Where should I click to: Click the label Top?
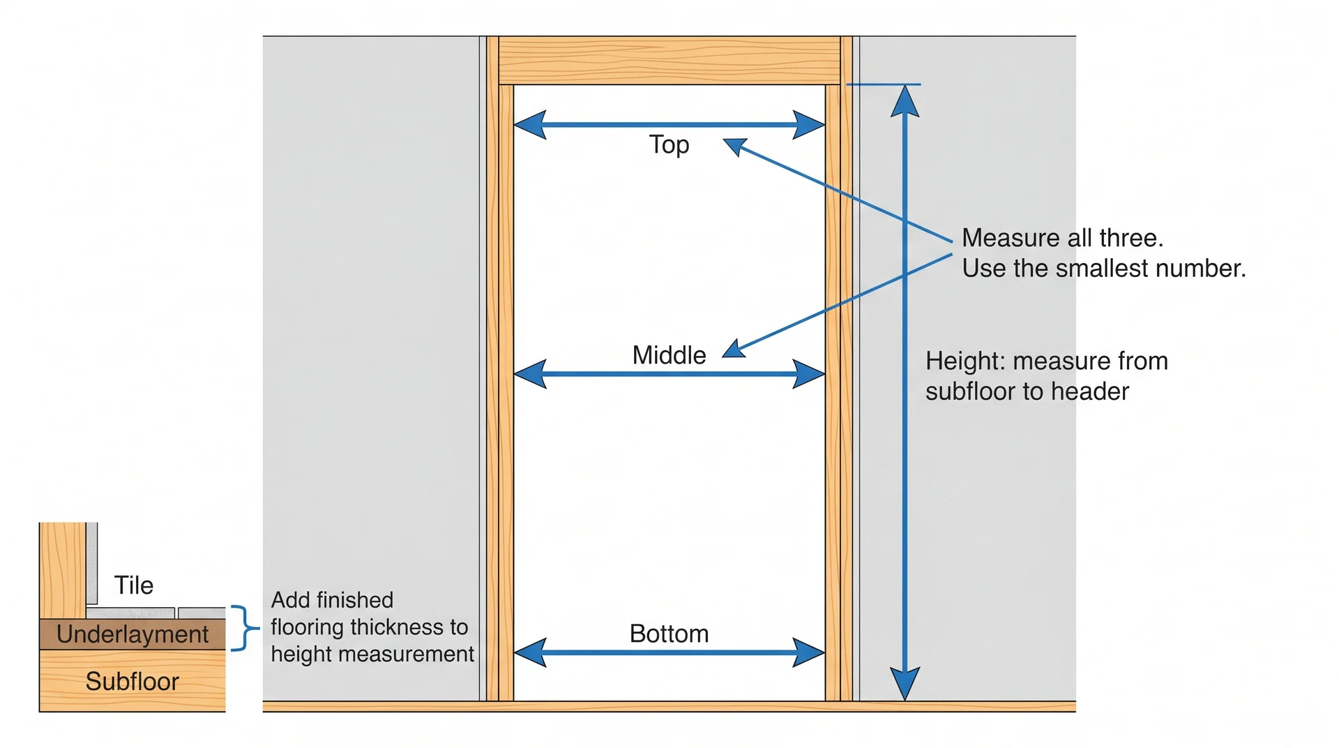pos(669,145)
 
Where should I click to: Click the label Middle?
pos(669,355)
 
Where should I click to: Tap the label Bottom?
pos(669,634)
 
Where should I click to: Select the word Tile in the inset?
pos(133,585)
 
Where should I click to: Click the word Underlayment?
pos(133,634)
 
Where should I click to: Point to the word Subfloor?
pos(132,681)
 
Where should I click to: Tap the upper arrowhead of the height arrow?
pos(905,101)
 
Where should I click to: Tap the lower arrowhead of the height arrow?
pos(905,683)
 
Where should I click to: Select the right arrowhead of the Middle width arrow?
pos(808,374)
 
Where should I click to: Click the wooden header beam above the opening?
pos(669,61)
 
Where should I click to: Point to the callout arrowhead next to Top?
pos(734,146)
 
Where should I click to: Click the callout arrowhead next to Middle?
pos(733,349)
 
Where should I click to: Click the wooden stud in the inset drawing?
pos(62,569)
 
